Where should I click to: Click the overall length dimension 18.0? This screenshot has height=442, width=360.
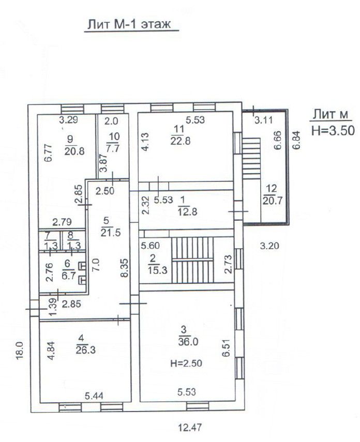(x=20, y=351)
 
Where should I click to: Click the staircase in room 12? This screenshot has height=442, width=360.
(x=251, y=158)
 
